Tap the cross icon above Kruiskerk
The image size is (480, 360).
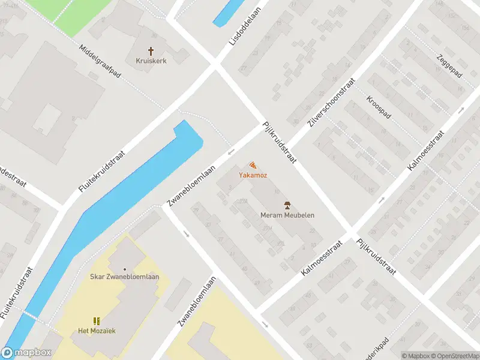tap(151, 51)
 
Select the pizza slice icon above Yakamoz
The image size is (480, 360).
tap(252, 165)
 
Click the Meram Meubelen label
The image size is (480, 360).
tap(287, 215)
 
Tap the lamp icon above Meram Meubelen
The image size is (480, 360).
tap(287, 205)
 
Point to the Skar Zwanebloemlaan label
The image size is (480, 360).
tap(125, 277)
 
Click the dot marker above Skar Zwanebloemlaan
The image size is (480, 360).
tap(125, 269)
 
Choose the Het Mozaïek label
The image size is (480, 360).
tap(96, 331)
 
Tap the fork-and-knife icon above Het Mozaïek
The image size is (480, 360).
tap(96, 322)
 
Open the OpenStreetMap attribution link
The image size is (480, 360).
tap(455, 356)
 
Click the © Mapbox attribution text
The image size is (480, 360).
tap(416, 356)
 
